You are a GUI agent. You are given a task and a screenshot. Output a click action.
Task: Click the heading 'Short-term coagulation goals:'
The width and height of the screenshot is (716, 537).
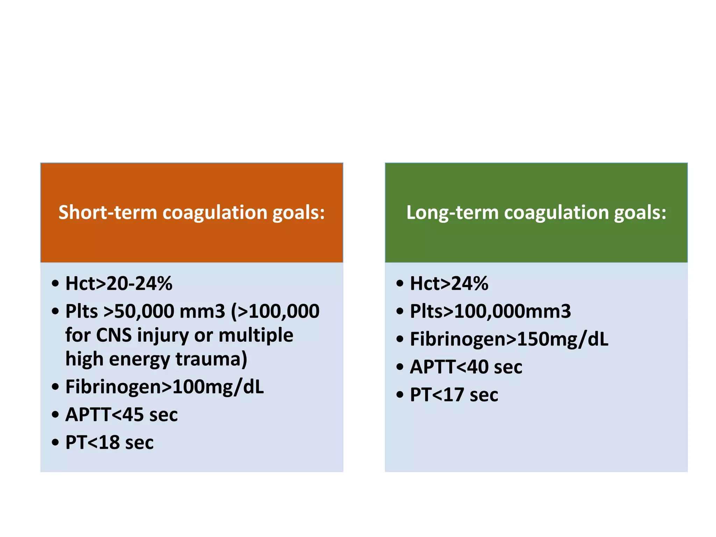[x=192, y=213]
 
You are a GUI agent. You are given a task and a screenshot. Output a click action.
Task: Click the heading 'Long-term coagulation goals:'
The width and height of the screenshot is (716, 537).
[x=536, y=213]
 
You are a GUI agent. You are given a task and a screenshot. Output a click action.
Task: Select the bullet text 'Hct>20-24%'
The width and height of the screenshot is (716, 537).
[x=119, y=283]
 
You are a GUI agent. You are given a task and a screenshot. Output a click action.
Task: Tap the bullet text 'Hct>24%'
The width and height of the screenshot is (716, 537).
[x=449, y=283]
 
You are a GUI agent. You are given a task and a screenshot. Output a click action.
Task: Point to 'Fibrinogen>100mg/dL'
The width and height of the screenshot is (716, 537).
[x=165, y=387]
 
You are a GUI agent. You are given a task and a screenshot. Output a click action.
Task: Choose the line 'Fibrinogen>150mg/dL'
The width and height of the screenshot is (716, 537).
[x=509, y=339]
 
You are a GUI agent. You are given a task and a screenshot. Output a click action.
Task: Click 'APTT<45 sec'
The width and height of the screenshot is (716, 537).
[x=122, y=415]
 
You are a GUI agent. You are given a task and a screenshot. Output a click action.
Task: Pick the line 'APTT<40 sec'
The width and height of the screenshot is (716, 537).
[x=466, y=367]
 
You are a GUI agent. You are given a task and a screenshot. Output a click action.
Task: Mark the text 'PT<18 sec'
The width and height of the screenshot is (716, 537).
[x=109, y=442]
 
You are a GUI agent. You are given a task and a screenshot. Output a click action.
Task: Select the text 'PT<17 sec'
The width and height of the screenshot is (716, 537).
[x=454, y=395]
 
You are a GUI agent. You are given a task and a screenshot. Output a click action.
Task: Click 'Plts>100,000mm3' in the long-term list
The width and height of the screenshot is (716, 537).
[x=491, y=311]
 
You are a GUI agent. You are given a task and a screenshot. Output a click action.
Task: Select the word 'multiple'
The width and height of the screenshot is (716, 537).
[x=256, y=335]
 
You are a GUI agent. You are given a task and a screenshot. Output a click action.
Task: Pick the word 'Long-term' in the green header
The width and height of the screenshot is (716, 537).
[x=452, y=213]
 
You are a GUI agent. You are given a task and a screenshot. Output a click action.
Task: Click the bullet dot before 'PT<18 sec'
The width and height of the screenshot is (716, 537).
[x=55, y=442]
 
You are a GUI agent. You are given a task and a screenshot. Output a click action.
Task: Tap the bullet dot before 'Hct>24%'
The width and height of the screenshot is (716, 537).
[x=400, y=283]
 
